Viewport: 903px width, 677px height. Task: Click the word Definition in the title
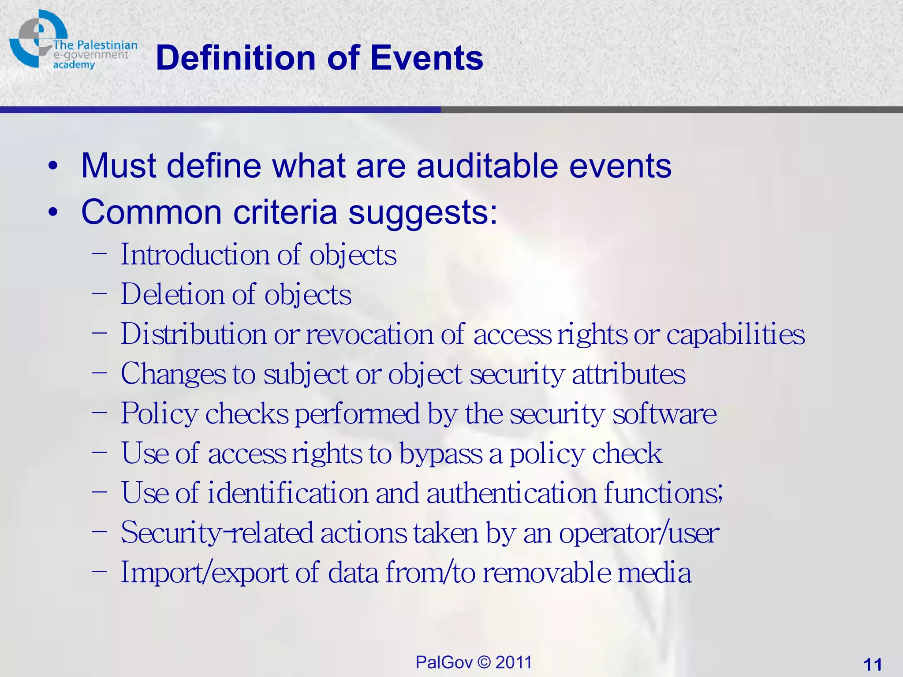[x=236, y=58]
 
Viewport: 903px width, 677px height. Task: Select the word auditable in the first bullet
[x=487, y=166]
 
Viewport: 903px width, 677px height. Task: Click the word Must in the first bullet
[x=118, y=166]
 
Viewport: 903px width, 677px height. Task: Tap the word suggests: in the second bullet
[x=422, y=213]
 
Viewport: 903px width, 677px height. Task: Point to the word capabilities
[x=735, y=334]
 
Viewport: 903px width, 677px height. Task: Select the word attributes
[x=628, y=374]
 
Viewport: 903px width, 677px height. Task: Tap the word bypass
[x=440, y=454]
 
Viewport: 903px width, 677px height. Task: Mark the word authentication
[x=511, y=493]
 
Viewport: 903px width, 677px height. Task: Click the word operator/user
[x=639, y=533]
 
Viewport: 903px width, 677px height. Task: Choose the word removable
[x=547, y=573]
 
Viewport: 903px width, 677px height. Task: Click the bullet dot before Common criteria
[x=53, y=213]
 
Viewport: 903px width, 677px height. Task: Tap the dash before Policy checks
[x=100, y=412]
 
